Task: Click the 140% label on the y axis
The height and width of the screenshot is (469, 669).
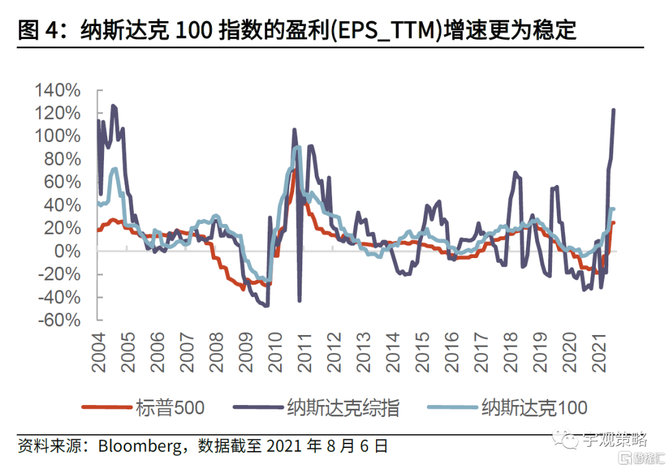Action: click(x=58, y=91)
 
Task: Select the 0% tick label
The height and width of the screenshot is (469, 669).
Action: click(x=68, y=251)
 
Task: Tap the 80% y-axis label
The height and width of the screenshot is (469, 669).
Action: click(x=63, y=159)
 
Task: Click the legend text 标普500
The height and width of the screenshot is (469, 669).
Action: click(x=169, y=408)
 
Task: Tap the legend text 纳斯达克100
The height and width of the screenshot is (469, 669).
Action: click(x=534, y=408)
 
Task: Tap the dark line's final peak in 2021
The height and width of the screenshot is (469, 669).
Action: click(x=613, y=110)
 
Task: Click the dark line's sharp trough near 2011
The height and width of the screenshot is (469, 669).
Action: click(x=300, y=301)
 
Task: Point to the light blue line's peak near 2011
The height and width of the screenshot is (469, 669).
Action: click(x=298, y=147)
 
